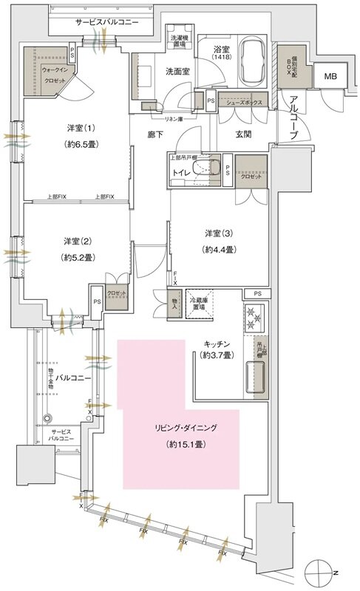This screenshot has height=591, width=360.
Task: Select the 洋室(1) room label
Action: point(76,128)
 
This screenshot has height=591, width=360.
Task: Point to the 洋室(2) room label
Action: point(76,241)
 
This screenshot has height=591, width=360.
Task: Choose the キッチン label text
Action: point(219,344)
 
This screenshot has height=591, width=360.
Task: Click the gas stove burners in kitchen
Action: point(255,321)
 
